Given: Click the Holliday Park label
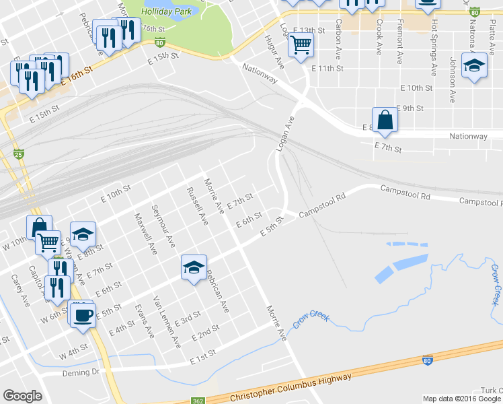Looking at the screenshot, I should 167,11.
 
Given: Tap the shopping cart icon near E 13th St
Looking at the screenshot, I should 301,45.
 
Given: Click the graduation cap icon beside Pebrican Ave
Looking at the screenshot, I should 194,268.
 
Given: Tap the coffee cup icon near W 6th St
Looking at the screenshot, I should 83,315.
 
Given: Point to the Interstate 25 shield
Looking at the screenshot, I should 20,154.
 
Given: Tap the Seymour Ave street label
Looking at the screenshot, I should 163,225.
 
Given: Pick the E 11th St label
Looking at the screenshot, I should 327,69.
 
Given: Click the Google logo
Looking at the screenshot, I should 22,396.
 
